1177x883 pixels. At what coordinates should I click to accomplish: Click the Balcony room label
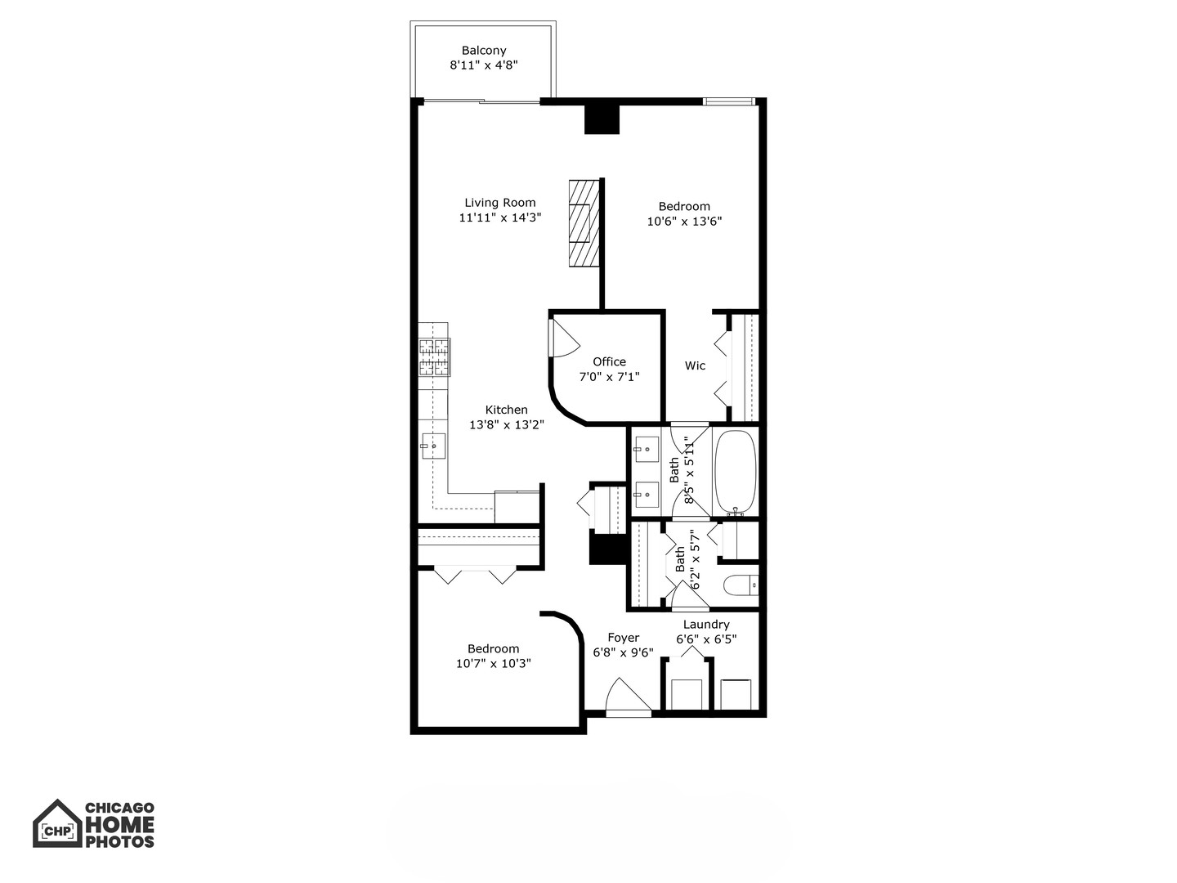(483, 51)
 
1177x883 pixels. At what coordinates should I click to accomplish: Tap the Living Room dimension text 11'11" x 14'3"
(500, 217)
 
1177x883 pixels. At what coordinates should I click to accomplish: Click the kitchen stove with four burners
(434, 358)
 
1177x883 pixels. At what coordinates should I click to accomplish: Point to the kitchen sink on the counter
(433, 446)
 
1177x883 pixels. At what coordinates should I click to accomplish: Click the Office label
(609, 361)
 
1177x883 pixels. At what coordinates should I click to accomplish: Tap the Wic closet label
(695, 365)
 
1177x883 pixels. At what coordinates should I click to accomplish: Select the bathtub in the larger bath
(736, 472)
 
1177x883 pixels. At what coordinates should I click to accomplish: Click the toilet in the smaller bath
(742, 585)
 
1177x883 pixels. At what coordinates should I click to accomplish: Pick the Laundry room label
(706, 625)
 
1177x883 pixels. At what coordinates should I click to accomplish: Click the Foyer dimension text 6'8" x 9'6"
(623, 652)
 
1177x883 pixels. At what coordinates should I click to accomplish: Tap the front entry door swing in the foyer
(626, 697)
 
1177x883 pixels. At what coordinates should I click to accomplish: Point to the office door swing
(562, 336)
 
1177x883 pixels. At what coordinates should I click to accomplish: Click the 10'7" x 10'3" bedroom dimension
(494, 664)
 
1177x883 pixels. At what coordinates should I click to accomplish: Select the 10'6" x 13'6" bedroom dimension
(684, 221)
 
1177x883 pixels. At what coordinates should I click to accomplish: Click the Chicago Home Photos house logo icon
(57, 823)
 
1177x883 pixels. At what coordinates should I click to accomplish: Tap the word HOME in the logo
(120, 824)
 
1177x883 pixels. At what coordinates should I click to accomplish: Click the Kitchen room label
(506, 410)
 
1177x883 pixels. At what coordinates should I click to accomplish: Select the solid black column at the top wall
(602, 118)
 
